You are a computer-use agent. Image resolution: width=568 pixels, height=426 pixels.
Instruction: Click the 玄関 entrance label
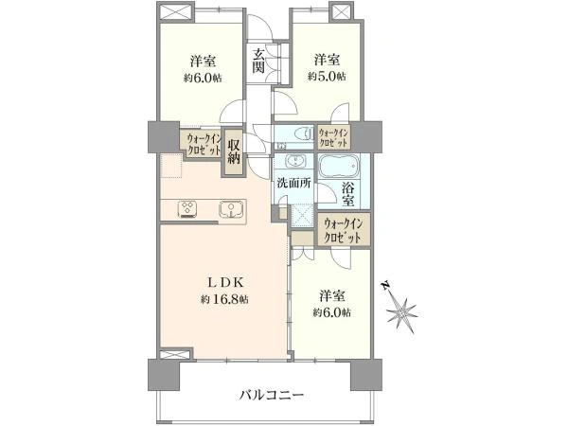[x=258, y=61]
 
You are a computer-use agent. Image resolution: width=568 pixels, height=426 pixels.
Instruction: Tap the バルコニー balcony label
[x=271, y=395]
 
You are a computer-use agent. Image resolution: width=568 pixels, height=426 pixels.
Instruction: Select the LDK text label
[x=227, y=281]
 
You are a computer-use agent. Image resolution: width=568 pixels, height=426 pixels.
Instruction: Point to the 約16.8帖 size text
[x=224, y=299]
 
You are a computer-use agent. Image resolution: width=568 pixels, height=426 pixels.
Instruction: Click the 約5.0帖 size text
[x=327, y=77]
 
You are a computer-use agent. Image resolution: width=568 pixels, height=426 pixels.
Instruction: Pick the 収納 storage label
[x=234, y=152]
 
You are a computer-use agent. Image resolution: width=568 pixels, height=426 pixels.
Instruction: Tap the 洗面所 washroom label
[x=293, y=183]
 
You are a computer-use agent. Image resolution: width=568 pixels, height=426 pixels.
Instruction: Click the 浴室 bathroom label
[x=347, y=193]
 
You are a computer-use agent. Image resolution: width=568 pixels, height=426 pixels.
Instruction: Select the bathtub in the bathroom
[x=339, y=167]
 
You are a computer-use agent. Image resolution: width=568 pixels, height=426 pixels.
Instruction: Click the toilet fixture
[x=304, y=133]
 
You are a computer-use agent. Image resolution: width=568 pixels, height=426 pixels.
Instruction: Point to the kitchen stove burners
[x=187, y=208]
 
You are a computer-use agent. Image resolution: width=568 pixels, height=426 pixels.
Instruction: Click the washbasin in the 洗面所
[x=296, y=161]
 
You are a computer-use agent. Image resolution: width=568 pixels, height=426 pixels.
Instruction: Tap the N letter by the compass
[x=386, y=286]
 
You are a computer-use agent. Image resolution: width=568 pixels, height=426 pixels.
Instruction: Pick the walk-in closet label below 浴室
[x=343, y=230]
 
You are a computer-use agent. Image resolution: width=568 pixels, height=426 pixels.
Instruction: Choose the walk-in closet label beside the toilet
[x=334, y=137]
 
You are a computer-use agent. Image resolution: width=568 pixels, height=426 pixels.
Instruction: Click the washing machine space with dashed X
[x=302, y=215]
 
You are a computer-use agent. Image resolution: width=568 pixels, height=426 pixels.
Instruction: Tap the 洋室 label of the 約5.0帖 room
[x=328, y=59]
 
